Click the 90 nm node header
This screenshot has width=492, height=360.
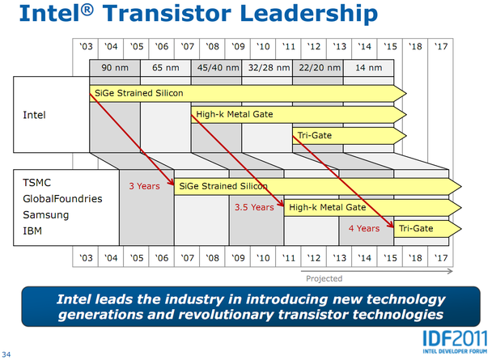tap(115, 68)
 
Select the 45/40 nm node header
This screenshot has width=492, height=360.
tap(218, 68)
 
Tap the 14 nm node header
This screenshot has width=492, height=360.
tap(369, 68)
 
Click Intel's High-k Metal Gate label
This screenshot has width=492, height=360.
tap(235, 114)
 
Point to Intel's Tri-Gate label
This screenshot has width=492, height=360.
tap(315, 135)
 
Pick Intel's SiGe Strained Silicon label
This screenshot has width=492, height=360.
tap(138, 93)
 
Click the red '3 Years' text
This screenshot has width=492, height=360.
tap(144, 186)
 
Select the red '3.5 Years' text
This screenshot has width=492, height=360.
tap(254, 207)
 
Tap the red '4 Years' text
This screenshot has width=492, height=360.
tap(364, 228)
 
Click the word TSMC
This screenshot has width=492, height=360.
tap(36, 183)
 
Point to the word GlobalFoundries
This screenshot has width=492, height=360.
tap(62, 198)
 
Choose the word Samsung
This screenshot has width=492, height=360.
tap(46, 215)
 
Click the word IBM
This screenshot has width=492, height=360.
tap(32, 231)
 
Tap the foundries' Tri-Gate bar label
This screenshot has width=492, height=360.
tap(416, 228)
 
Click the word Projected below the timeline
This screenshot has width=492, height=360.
tap(324, 278)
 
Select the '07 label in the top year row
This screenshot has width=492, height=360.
tap(187, 46)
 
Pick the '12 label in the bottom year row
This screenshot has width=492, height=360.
tap(314, 258)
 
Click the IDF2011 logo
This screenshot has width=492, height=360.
tap(455, 342)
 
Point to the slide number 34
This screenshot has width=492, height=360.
tap(6, 354)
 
